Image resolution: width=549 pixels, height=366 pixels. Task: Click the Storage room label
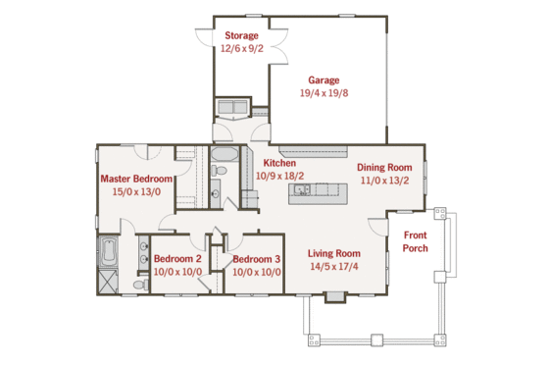click(x=240, y=36)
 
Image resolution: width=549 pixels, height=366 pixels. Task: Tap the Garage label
click(x=324, y=79)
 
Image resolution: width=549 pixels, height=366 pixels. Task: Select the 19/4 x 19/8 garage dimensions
click(x=324, y=93)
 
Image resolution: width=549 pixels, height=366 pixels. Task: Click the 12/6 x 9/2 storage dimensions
click(x=240, y=49)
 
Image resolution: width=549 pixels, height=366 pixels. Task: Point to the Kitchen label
click(x=279, y=163)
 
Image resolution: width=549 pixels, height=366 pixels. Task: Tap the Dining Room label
click(x=383, y=168)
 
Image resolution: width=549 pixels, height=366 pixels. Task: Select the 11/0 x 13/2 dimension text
click(x=383, y=182)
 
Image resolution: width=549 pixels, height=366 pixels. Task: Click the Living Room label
click(x=334, y=252)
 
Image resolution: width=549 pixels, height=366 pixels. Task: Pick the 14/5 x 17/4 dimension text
click(x=334, y=266)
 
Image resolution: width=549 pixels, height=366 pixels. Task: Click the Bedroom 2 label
click(x=177, y=258)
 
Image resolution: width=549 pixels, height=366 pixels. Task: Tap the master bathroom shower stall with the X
click(x=107, y=282)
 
